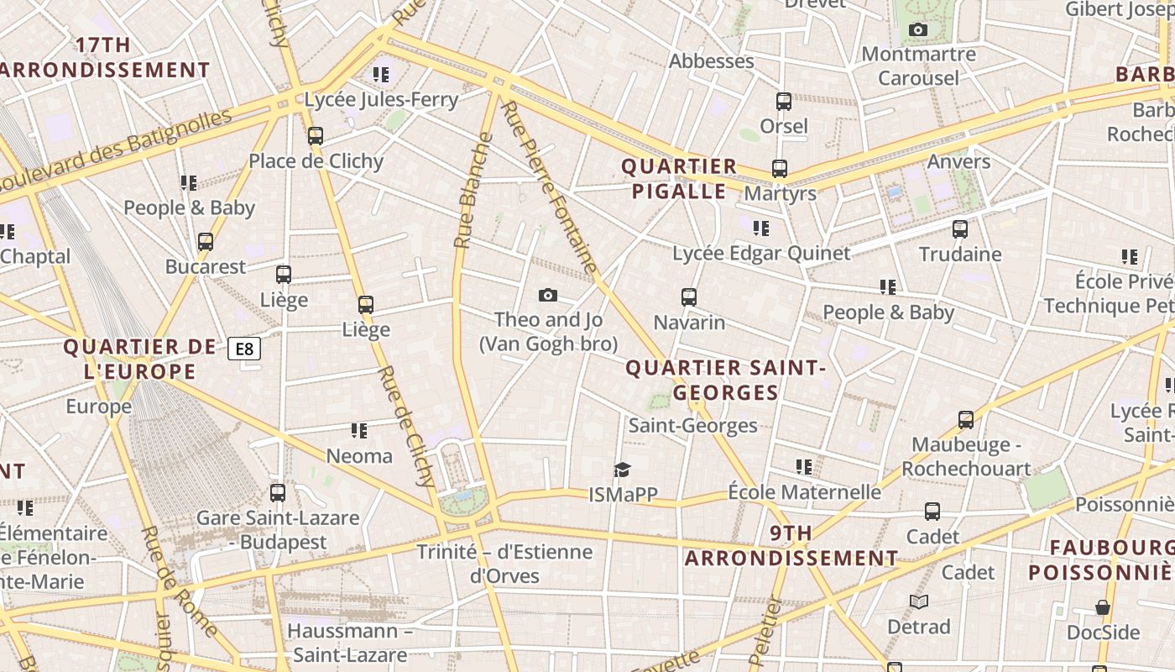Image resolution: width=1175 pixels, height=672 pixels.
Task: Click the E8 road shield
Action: coord(244,349)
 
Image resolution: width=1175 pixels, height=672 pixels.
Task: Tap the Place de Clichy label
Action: coord(316,161)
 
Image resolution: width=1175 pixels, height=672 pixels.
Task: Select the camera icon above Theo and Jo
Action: coord(548,295)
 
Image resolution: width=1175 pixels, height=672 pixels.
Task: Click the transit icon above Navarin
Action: coord(689,297)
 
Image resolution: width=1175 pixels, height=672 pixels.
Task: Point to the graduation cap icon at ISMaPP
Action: coord(622,470)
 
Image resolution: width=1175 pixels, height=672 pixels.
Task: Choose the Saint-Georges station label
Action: coord(692,426)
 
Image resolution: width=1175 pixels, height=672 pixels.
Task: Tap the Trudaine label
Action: coord(960,254)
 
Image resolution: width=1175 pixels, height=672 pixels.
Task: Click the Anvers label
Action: coord(958,161)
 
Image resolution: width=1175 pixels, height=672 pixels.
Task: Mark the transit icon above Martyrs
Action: coord(780,169)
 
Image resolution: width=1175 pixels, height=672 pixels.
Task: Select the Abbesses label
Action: coord(711,61)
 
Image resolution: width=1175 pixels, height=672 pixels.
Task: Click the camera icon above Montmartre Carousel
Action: coord(918,30)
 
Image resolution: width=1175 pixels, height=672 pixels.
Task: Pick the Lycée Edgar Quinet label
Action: coord(760,253)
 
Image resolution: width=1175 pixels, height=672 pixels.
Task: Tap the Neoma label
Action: coord(359,456)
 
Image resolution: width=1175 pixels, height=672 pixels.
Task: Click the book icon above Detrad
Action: coord(919,601)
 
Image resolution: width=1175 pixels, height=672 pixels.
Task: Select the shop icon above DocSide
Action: coord(1103,607)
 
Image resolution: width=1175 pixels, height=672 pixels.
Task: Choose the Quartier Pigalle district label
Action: coord(679,179)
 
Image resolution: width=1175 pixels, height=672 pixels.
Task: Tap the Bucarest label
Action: coord(206,267)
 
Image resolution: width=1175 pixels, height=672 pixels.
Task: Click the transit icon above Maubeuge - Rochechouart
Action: coord(966,419)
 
